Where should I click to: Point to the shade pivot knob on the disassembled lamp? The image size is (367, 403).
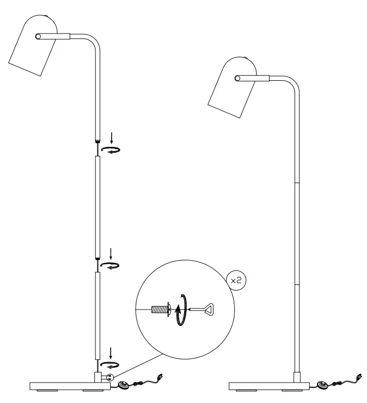point(38,36)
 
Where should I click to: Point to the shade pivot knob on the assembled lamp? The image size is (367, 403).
point(237,78)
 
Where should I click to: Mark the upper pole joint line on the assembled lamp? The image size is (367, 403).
point(297,183)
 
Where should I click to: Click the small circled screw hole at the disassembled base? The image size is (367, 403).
point(109,377)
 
